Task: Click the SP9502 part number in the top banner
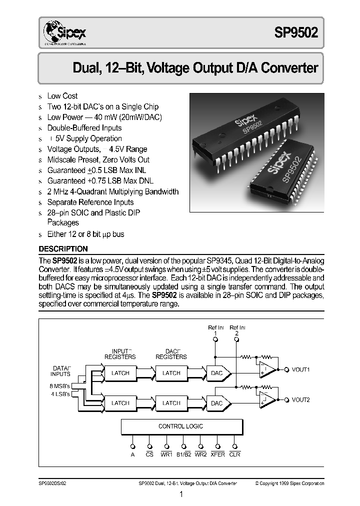[295, 33]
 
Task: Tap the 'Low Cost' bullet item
[62, 95]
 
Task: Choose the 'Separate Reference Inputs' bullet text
[90, 202]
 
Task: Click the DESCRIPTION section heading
[63, 248]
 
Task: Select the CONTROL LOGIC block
[181, 426]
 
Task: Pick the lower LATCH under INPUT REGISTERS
[120, 403]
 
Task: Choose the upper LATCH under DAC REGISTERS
[171, 373]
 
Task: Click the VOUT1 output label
[301, 370]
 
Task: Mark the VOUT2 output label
[301, 400]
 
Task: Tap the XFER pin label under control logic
[218, 454]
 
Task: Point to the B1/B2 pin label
[183, 454]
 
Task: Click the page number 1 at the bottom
[181, 494]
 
